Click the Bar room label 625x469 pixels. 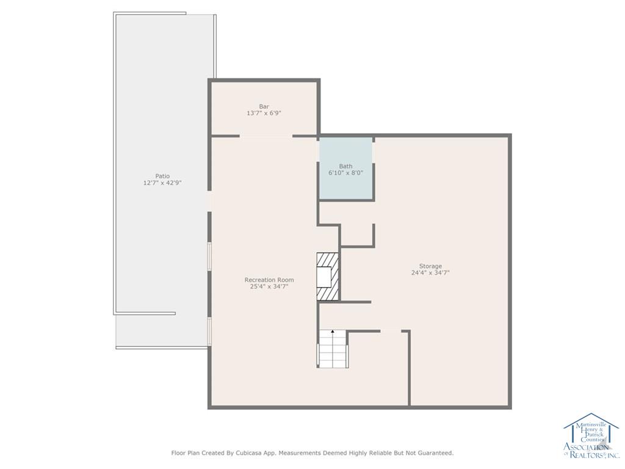264,106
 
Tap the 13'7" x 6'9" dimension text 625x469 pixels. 264,113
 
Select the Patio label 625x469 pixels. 162,176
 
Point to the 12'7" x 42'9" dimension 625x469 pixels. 162,183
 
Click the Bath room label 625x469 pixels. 345,166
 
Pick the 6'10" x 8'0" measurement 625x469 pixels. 345,173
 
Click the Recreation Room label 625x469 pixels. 269,280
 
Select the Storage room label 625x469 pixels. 430,266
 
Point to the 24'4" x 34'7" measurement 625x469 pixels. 430,273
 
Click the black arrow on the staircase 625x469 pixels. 333,331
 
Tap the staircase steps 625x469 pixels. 333,349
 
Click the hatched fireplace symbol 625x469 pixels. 328,276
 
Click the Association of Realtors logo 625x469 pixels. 591,435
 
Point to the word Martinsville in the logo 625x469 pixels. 591,426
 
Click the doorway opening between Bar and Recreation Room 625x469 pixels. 266,136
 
